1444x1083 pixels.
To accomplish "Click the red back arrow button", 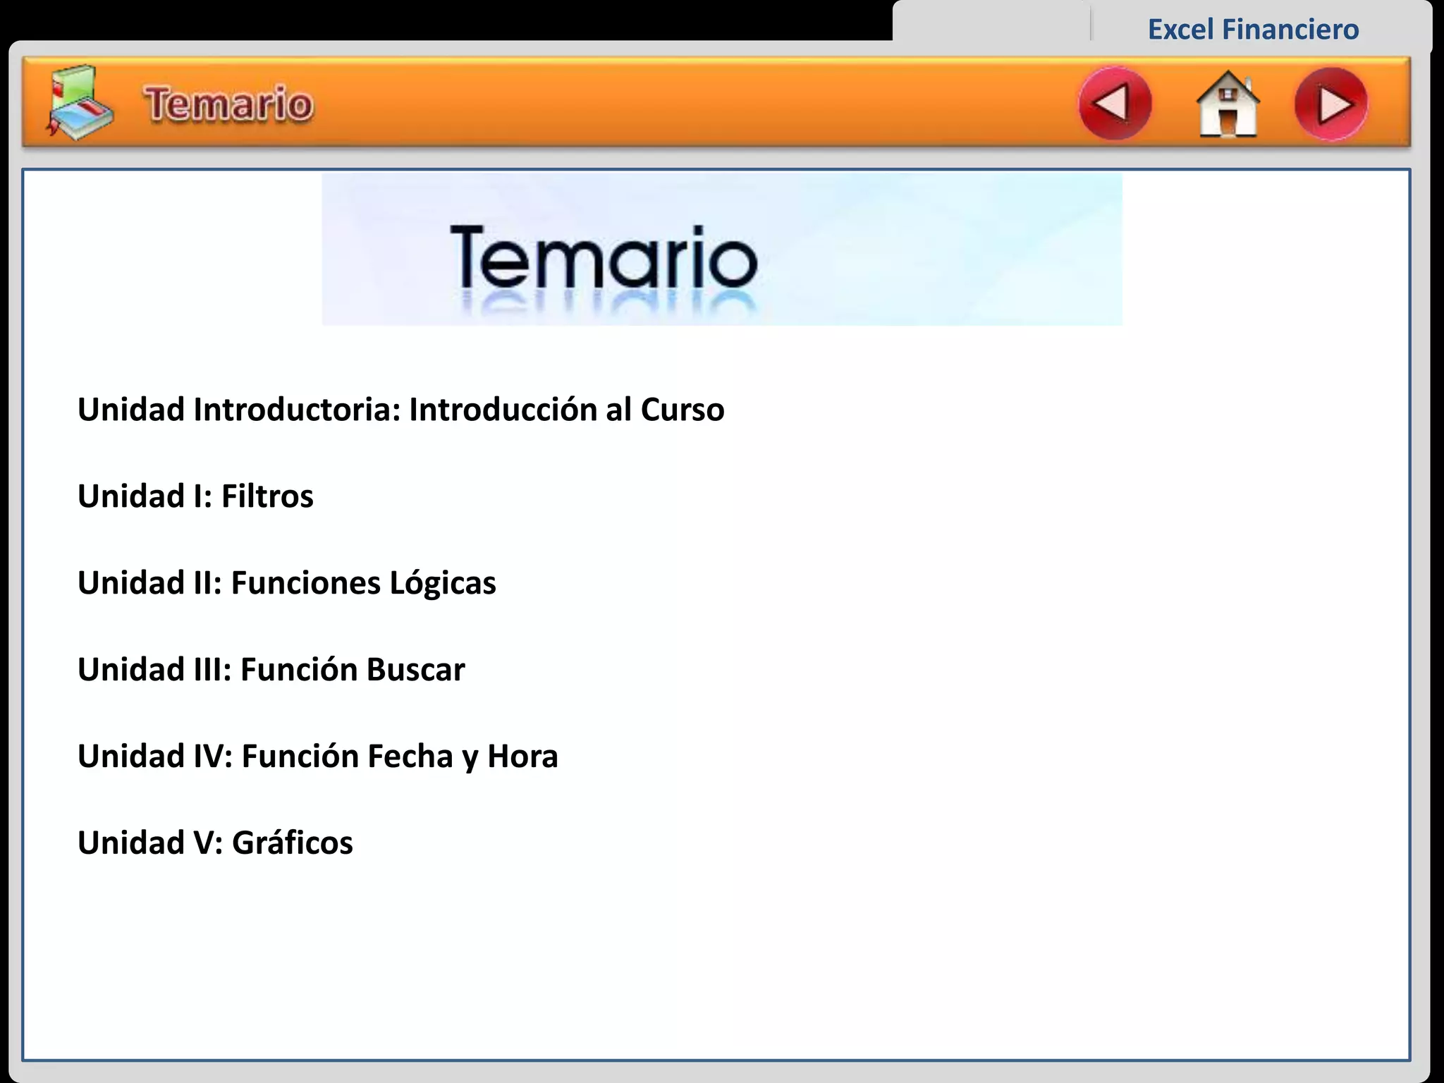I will (x=1115, y=104).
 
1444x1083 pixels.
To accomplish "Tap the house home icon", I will (x=1228, y=104).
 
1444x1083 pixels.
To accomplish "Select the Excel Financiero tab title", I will (x=1253, y=30).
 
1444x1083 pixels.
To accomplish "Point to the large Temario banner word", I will (x=604, y=257).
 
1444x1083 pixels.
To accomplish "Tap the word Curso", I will (x=682, y=410).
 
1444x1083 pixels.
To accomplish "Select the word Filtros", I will (x=267, y=496).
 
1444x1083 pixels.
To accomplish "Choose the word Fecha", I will (x=410, y=757).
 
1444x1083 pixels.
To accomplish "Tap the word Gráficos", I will (x=292, y=843).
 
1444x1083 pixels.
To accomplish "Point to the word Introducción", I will (x=503, y=410).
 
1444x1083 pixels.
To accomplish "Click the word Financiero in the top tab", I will (x=1290, y=30).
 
